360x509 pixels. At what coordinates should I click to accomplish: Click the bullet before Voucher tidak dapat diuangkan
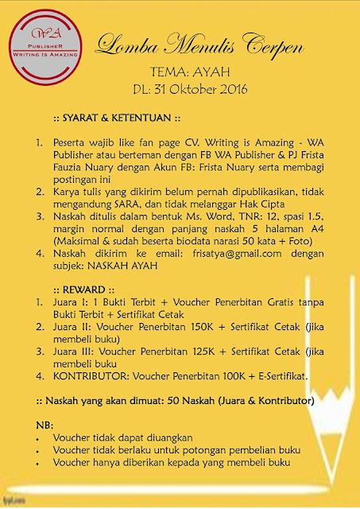[x=39, y=437]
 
